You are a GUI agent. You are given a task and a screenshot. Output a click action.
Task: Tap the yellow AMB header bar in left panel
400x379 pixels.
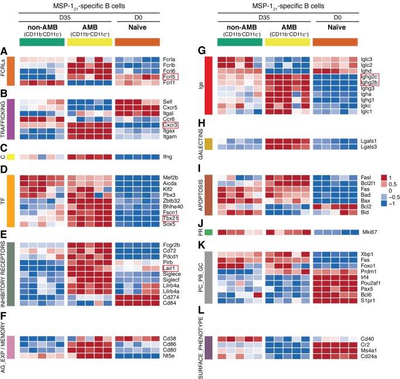click(x=89, y=42)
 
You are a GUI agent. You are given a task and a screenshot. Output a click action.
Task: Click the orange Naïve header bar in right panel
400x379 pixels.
click(x=337, y=42)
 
